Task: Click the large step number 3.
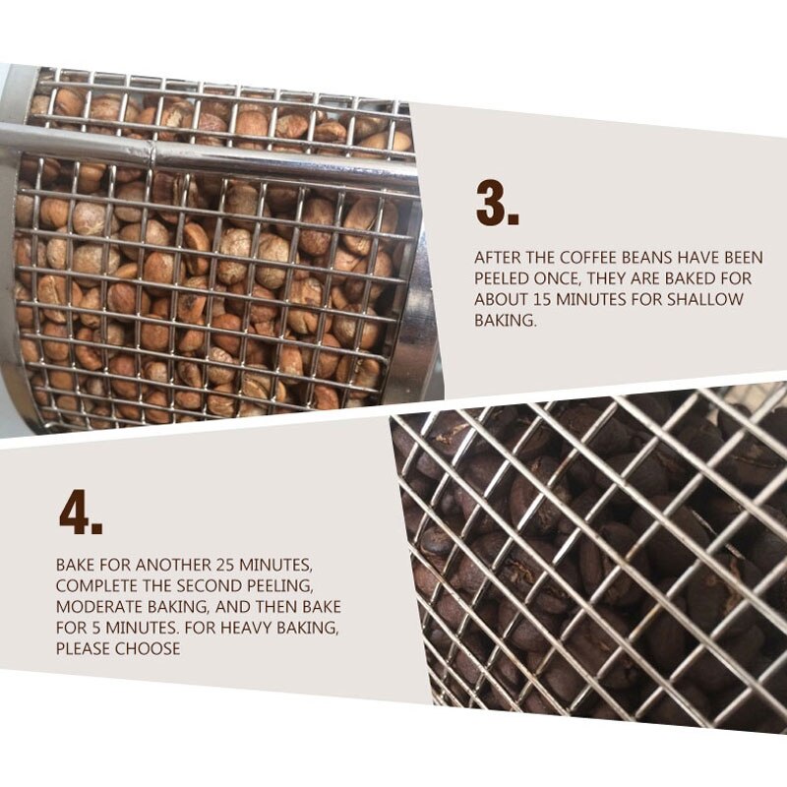click(x=498, y=204)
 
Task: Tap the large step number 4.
click(x=81, y=512)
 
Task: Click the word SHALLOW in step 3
click(x=704, y=299)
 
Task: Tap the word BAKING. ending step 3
click(x=506, y=320)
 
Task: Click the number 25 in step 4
click(x=225, y=565)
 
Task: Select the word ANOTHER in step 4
click(x=173, y=565)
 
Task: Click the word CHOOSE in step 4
click(x=148, y=648)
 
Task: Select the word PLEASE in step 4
click(x=84, y=648)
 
